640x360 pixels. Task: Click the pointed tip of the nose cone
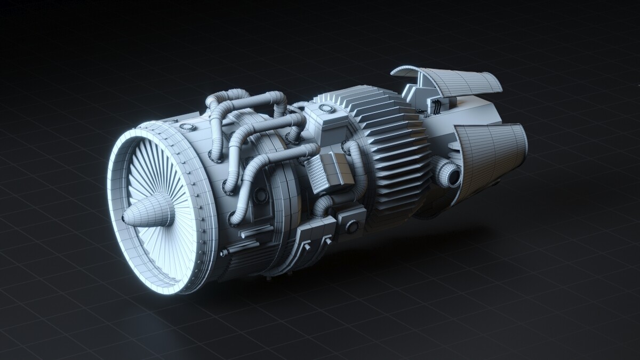click(124, 218)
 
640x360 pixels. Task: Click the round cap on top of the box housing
click(325, 108)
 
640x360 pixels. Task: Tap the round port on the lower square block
click(351, 227)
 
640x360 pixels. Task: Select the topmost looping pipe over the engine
click(251, 99)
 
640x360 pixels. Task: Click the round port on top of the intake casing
click(186, 127)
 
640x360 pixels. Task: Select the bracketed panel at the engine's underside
click(312, 237)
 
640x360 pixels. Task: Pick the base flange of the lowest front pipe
click(235, 219)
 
